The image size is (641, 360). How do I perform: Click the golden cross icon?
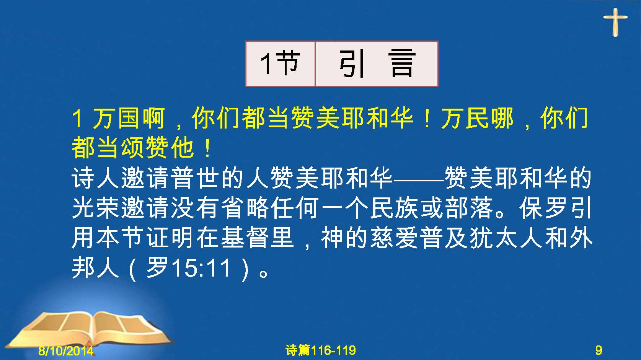click(615, 22)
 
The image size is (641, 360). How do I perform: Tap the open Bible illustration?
click(89, 329)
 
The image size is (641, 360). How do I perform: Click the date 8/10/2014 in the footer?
click(66, 350)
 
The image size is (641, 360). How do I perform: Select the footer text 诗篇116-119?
click(321, 350)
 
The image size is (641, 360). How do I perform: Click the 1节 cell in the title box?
click(280, 64)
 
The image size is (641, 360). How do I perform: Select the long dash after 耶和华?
click(419, 180)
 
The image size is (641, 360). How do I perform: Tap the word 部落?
click(469, 208)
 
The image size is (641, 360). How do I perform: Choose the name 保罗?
click(543, 208)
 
